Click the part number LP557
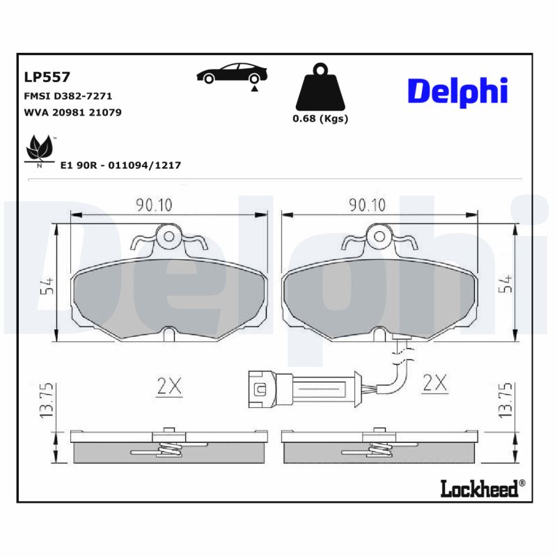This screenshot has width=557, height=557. tap(47, 77)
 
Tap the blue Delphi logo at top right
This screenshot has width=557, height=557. tap(457, 91)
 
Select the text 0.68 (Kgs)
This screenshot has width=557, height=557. tap(320, 118)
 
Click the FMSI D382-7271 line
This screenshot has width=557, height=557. tap(68, 96)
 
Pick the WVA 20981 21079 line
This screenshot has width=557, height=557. tap(73, 112)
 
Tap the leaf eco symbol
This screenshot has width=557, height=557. tap(40, 150)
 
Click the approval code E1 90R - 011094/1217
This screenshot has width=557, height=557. tap(121, 165)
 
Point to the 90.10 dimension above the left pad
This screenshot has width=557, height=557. tap(154, 205)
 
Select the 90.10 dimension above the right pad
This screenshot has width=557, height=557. tap(367, 205)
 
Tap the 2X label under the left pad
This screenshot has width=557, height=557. tap(168, 384)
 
